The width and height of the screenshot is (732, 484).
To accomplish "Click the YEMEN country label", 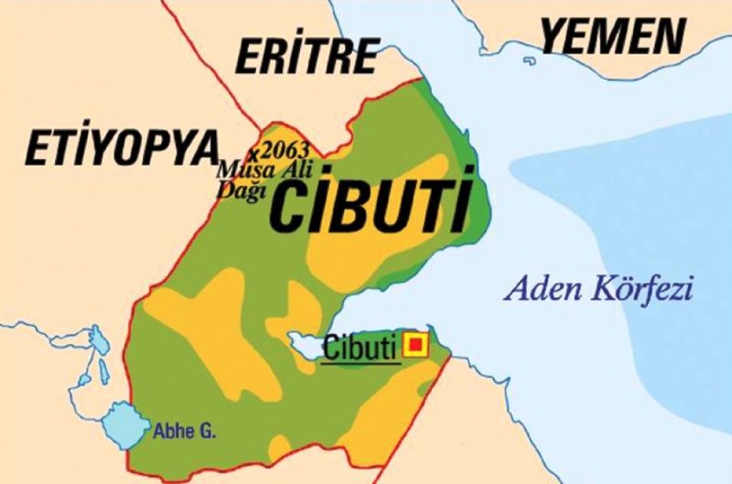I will coord(613,37).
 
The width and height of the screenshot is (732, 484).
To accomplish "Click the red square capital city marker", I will coord(416,344).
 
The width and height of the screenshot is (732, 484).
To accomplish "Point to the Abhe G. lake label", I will coord(184,432).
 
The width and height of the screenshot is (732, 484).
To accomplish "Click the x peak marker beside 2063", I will coord(254,155).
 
